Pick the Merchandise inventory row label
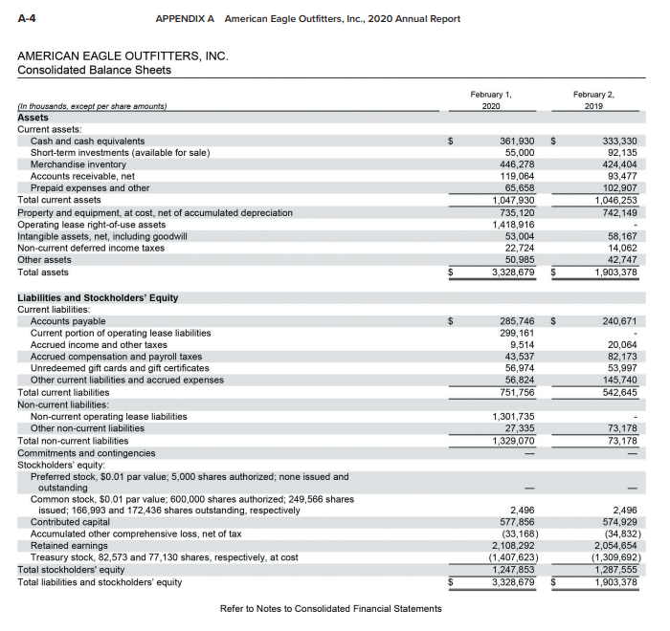78,164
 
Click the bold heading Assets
33,118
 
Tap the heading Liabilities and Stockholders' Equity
98,298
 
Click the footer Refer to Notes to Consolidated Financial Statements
330,608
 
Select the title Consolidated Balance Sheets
94,70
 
